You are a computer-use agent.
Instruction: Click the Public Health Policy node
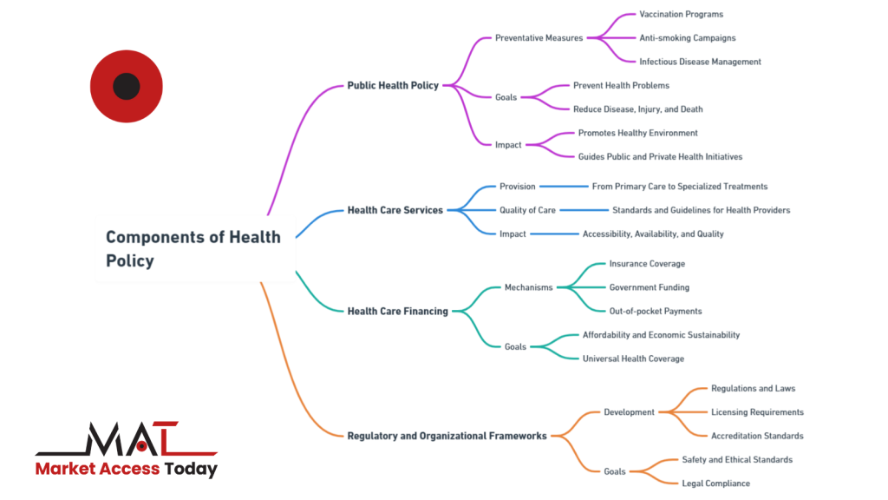pyautogui.click(x=393, y=86)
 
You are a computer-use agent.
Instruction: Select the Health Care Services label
pyautogui.click(x=395, y=210)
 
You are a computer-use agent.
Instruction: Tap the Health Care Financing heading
pyautogui.click(x=397, y=312)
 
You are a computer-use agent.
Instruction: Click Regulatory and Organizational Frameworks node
pyautogui.click(x=447, y=436)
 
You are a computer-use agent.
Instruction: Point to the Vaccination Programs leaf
pyautogui.click(x=682, y=14)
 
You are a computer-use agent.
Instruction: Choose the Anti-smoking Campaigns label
pyautogui.click(x=688, y=38)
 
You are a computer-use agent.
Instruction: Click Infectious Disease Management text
pyautogui.click(x=700, y=62)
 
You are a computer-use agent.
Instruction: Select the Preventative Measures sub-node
pyautogui.click(x=539, y=38)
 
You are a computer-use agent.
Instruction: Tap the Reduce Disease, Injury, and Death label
pyautogui.click(x=637, y=109)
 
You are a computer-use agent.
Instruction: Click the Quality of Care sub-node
pyautogui.click(x=527, y=210)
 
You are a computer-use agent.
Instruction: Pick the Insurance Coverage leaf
pyautogui.click(x=647, y=264)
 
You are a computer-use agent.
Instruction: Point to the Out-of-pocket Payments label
pyautogui.click(x=656, y=312)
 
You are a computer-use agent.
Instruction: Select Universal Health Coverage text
pyautogui.click(x=633, y=359)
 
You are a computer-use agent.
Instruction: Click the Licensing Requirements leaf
pyautogui.click(x=757, y=412)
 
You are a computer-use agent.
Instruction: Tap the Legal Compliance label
pyautogui.click(x=715, y=484)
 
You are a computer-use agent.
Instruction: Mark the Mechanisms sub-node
pyautogui.click(x=528, y=287)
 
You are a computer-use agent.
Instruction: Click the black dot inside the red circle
pyautogui.click(x=127, y=86)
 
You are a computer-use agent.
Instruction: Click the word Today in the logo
pyautogui.click(x=191, y=469)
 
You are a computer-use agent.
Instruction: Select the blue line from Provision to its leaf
pyautogui.click(x=564, y=187)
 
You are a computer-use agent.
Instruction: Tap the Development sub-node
pyautogui.click(x=629, y=412)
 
